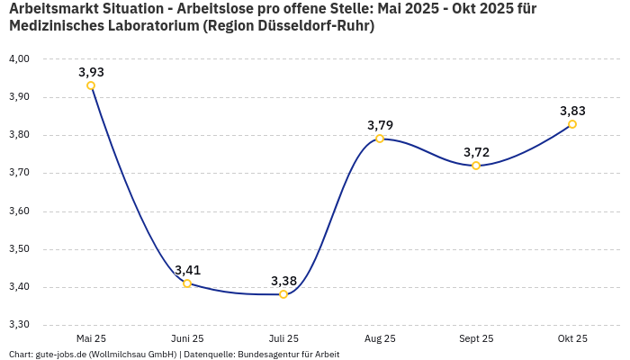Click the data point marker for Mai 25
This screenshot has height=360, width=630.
[x=91, y=85]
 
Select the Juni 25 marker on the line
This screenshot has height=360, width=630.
[x=187, y=283]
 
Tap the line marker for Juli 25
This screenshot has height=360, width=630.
[x=283, y=294]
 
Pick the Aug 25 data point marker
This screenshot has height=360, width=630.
[x=380, y=139]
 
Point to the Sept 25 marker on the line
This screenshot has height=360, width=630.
[x=476, y=166]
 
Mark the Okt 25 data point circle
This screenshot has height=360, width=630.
[x=572, y=124]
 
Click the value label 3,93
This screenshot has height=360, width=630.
[x=91, y=72]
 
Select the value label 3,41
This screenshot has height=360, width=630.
[x=187, y=270]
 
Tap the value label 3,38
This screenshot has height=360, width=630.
[x=283, y=281]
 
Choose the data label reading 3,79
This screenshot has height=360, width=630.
[x=380, y=125]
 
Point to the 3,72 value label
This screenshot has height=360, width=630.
[x=476, y=152]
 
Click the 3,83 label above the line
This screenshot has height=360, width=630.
[x=572, y=111]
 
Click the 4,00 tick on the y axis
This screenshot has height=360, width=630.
[x=19, y=59]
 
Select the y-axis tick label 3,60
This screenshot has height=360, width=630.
[x=19, y=211]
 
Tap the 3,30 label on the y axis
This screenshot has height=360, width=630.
[x=19, y=325]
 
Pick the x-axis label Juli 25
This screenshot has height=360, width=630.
[x=283, y=338]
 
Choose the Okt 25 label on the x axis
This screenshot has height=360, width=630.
[x=572, y=338]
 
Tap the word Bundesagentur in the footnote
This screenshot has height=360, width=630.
[x=266, y=355]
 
